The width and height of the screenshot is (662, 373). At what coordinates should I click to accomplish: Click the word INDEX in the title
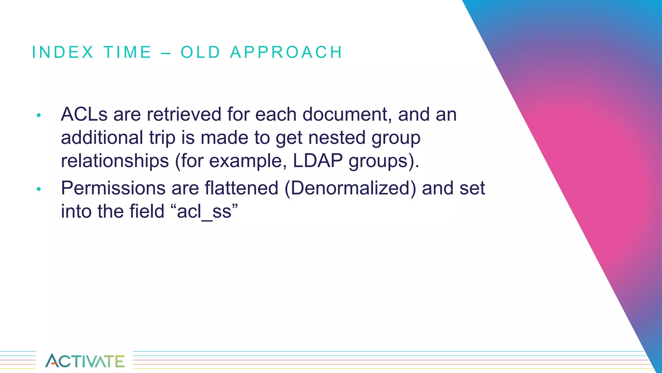[63, 52]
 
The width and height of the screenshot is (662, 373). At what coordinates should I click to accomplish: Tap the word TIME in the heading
[128, 52]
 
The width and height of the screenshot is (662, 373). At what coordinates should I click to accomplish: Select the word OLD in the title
[200, 52]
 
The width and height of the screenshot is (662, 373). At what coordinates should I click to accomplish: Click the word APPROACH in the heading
[286, 52]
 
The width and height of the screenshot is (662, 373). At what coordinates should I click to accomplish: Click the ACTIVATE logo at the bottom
[85, 361]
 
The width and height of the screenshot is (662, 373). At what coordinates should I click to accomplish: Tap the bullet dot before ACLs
[39, 115]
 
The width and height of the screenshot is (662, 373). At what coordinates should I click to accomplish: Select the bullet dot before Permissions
[39, 189]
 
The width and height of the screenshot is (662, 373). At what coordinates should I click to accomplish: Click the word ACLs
[84, 114]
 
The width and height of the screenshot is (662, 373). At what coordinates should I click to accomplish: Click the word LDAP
[318, 161]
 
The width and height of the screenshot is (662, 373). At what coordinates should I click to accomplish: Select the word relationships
[115, 161]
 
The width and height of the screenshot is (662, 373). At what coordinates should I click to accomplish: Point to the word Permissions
[113, 188]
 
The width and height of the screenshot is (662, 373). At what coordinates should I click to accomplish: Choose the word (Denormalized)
[350, 188]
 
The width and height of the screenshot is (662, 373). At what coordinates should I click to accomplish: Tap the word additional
[102, 138]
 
